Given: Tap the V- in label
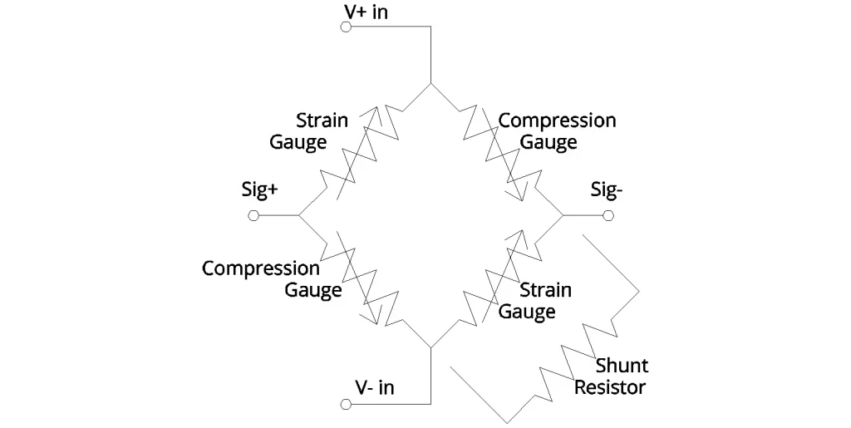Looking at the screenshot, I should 375,388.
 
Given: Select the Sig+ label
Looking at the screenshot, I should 259,191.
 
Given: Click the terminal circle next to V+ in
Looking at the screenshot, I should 346,27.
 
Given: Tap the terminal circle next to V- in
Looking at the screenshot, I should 346,405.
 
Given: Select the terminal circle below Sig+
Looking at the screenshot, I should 253,216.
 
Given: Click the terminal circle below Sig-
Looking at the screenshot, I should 609,216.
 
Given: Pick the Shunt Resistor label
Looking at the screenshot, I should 611,376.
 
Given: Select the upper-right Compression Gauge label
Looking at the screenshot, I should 556,130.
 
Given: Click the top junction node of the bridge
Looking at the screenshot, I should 431,84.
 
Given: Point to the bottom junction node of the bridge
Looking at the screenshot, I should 431,347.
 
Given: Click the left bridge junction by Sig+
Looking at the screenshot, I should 298,216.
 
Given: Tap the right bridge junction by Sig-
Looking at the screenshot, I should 564,216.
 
